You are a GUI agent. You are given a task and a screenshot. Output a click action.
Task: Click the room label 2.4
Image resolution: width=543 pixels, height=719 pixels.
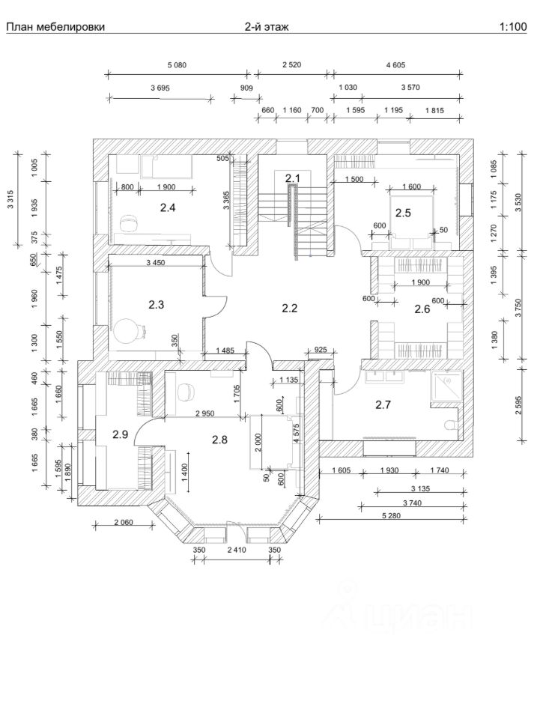pos(168,207)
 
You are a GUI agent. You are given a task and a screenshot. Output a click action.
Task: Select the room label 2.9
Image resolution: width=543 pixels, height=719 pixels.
pos(120,434)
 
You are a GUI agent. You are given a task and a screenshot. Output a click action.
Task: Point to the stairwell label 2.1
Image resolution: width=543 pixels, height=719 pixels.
pos(292,178)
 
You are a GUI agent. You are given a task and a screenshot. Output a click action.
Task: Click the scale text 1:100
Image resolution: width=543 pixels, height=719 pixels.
pos(513,27)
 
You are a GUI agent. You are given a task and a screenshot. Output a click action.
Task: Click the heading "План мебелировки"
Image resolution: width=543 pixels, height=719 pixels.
pos(55,27)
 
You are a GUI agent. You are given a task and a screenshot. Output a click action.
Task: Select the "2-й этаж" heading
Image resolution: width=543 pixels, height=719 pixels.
pos(267,27)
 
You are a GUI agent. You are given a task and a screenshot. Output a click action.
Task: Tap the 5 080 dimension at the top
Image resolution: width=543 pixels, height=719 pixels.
pos(177,65)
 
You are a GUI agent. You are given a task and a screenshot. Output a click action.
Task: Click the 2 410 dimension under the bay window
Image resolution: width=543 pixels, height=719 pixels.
pos(237,550)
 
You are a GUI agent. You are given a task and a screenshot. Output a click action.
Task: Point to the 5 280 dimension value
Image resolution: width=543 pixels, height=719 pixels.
pos(391,516)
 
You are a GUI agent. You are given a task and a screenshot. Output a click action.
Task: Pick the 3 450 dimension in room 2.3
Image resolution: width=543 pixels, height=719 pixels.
pos(156,263)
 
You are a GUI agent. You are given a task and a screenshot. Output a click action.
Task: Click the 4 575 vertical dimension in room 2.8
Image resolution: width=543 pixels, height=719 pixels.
pos(297,433)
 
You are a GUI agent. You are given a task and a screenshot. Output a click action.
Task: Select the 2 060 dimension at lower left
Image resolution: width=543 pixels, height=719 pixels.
pos(124,522)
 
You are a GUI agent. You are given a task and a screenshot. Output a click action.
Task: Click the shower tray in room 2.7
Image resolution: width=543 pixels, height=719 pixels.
pos(446,387)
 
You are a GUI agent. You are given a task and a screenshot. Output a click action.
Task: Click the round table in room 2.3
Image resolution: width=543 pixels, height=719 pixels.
pos(126,331)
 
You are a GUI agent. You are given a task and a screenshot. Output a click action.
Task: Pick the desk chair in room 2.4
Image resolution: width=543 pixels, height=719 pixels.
pos(127,224)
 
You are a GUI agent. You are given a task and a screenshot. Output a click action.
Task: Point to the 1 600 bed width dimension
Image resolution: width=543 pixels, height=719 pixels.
pos(411,186)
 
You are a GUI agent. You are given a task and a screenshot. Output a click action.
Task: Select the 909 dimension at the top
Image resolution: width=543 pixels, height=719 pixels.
pos(246,88)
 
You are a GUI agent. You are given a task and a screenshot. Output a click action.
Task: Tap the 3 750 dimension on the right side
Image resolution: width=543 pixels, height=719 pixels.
pos(518,306)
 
